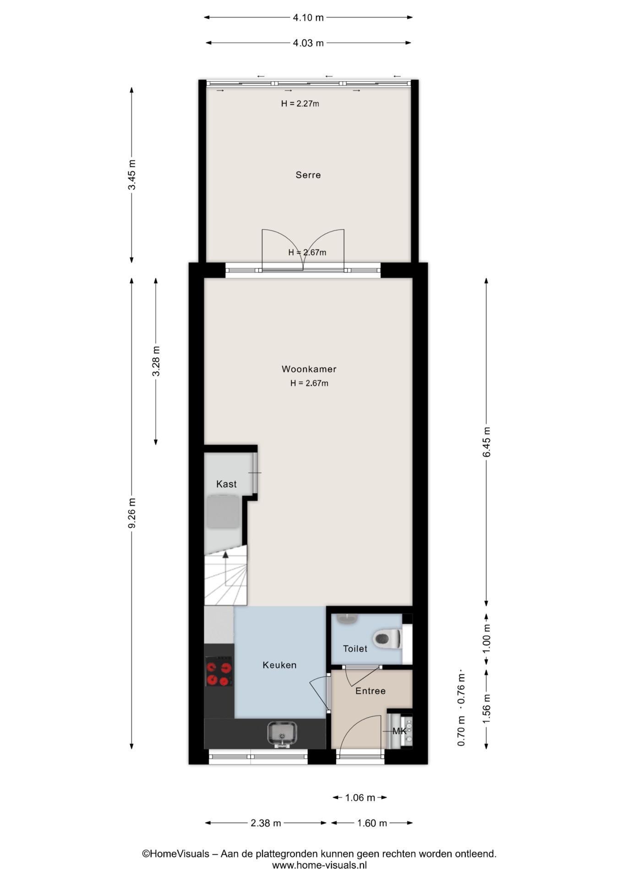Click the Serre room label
(x=308, y=175)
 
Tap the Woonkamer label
(x=309, y=369)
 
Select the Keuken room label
(x=279, y=665)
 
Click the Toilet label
(x=355, y=649)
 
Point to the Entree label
(x=371, y=691)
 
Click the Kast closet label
(x=226, y=484)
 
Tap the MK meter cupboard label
(x=399, y=731)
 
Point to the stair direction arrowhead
(x=225, y=555)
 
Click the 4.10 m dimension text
(x=308, y=17)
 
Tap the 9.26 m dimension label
(x=132, y=513)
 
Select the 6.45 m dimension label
(x=486, y=442)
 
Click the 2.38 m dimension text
(x=266, y=823)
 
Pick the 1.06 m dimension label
(x=360, y=798)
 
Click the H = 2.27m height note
(x=300, y=104)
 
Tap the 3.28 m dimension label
(x=156, y=361)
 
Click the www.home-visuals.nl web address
(x=319, y=865)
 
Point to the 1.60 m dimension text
(x=372, y=823)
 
